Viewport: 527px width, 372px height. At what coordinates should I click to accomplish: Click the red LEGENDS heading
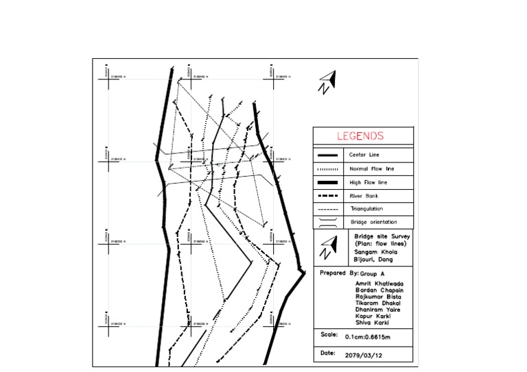360,136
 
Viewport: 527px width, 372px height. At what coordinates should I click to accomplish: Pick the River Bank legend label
363,195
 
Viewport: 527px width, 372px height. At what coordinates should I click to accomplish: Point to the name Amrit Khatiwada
379,282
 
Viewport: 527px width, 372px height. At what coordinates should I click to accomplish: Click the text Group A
364,273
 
